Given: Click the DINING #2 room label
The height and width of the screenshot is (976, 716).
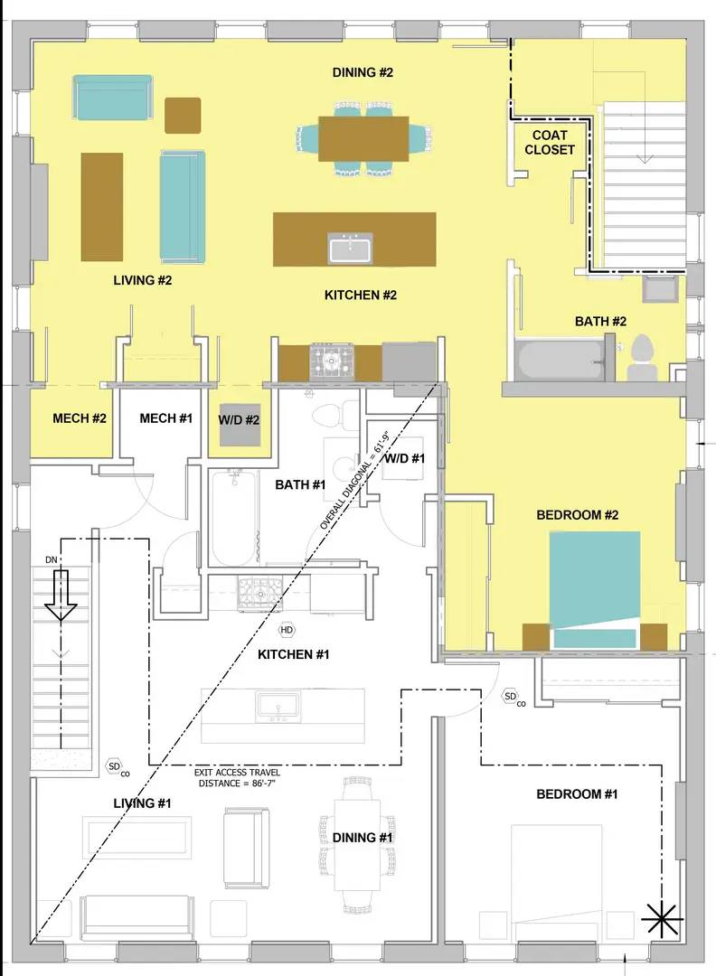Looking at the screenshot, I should pos(362,72).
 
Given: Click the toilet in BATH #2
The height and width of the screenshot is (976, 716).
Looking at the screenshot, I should pos(643,359).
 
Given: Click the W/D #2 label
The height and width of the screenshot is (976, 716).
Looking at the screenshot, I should pos(240,420).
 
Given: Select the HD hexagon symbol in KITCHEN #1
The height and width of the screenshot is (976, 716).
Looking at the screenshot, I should pos(287,630).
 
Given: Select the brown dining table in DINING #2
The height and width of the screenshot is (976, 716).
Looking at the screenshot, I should pos(363,138).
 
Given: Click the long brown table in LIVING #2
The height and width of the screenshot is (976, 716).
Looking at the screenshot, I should pos(102,207).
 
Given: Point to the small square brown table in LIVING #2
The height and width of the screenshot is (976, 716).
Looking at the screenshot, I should pos(183,115).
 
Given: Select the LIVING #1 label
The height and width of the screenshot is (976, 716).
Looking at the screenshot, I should pos(143,803).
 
